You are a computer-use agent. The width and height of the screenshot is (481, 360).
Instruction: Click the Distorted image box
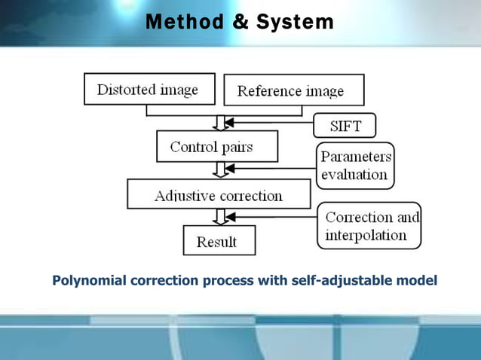click(x=148, y=90)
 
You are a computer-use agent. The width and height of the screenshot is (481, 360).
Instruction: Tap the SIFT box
click(x=344, y=124)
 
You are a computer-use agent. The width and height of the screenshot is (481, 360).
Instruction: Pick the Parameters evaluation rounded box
click(x=354, y=166)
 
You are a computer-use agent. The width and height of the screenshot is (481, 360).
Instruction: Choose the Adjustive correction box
click(x=219, y=195)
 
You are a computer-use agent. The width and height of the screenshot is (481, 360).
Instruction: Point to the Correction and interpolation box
click(x=369, y=226)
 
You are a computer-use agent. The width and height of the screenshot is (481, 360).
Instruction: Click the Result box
click(x=219, y=241)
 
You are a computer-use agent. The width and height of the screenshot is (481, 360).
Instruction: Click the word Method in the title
click(x=183, y=23)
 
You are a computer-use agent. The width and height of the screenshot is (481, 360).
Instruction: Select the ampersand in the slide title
click(x=241, y=23)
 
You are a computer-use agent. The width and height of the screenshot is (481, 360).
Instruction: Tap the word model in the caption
click(x=417, y=281)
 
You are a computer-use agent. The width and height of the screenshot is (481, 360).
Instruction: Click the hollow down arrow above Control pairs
click(x=219, y=123)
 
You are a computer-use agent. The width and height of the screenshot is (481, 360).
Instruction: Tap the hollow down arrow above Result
click(x=219, y=217)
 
